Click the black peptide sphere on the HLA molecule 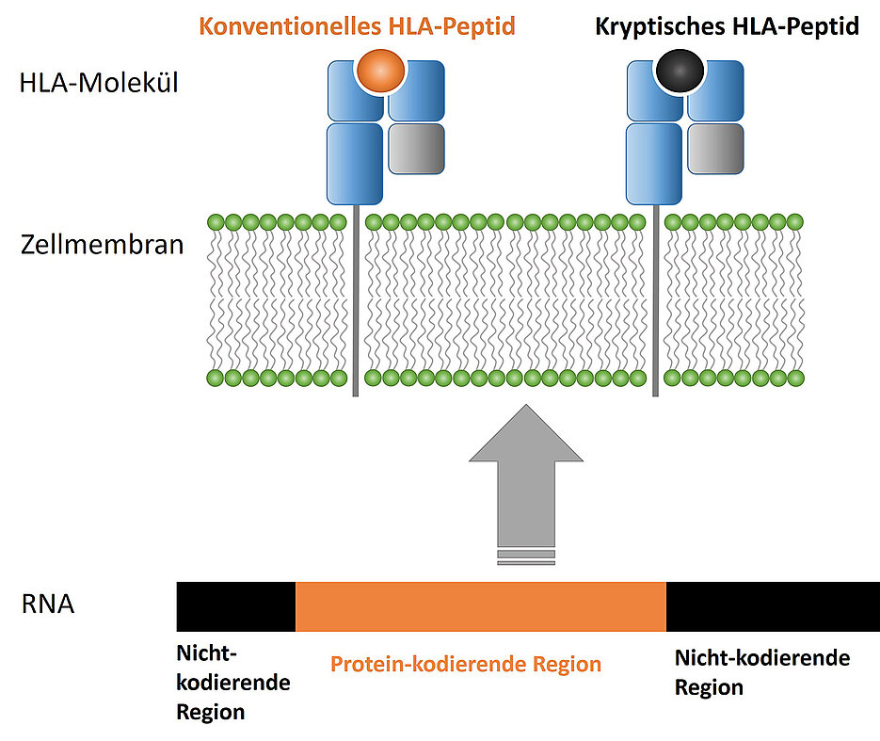[679, 72]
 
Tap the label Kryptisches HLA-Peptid [727, 26]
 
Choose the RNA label [47, 604]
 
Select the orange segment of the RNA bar [481, 606]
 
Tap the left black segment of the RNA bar [236, 606]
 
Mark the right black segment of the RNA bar [772, 606]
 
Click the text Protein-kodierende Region [466, 664]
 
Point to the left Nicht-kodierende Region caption [232, 683]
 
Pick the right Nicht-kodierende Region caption [762, 671]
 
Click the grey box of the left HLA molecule [415, 149]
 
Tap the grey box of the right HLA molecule [715, 149]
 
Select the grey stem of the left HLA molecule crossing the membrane [355, 301]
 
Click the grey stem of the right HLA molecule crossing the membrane [655, 301]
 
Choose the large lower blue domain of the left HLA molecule [354, 162]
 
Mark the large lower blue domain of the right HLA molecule [654, 162]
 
